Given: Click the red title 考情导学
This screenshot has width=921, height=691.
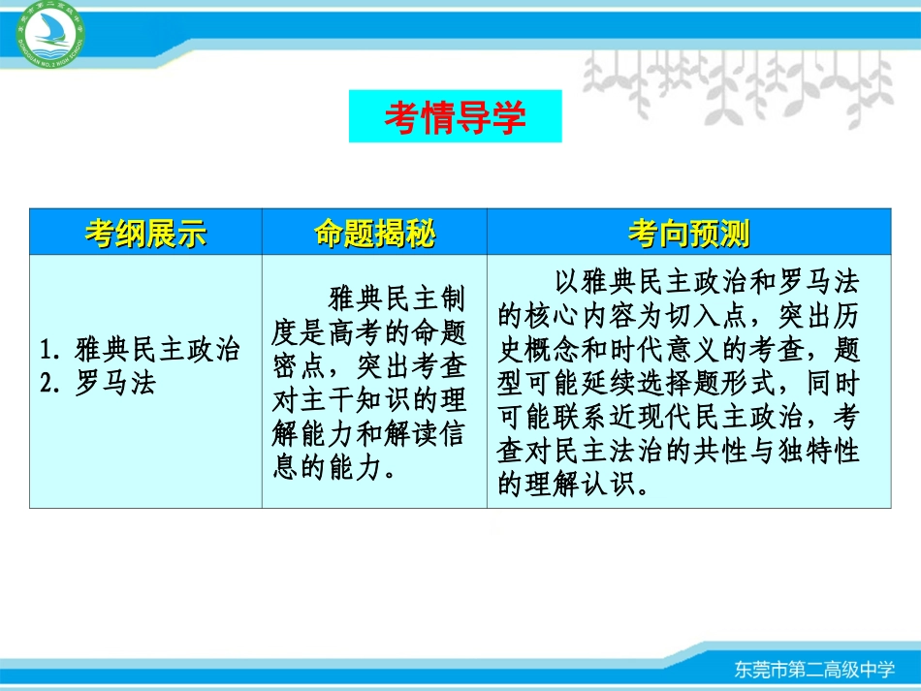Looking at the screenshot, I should [x=455, y=117].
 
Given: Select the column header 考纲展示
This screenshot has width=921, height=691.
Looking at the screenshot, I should [x=145, y=234].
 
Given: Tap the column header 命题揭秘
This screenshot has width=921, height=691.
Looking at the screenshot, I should [x=374, y=234].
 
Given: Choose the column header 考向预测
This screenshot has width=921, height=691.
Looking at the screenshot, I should [x=688, y=234].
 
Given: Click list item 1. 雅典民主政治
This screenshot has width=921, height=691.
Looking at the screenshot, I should [x=142, y=350].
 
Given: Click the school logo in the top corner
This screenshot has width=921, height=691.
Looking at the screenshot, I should [x=43, y=35].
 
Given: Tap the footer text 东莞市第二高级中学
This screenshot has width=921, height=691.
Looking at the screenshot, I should [x=812, y=670].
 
